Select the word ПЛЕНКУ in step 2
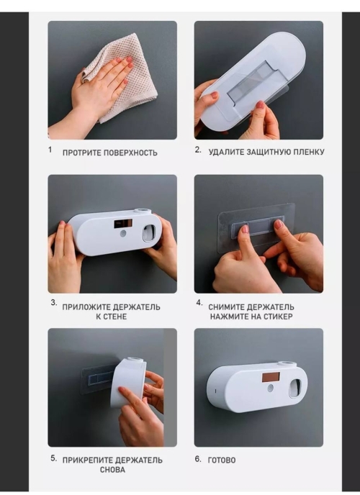(309, 152)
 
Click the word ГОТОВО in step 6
(222, 460)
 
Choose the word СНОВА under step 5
(112, 470)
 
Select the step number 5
(54, 458)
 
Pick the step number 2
(198, 150)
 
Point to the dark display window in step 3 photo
(123, 224)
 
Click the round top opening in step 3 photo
(140, 212)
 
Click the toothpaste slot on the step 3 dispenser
(149, 233)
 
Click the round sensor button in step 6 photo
(270, 388)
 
